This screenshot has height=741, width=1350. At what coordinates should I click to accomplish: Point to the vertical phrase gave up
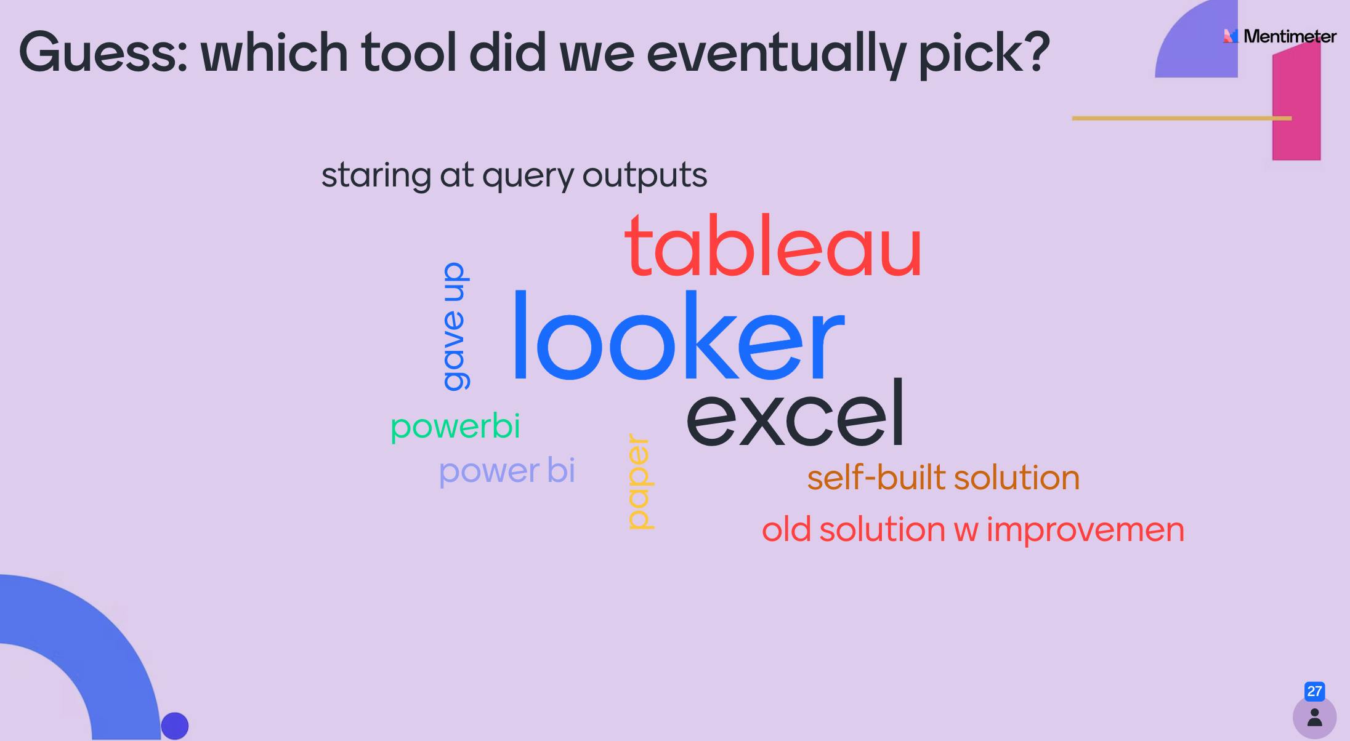coord(455,326)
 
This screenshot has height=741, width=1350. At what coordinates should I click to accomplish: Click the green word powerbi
coord(455,426)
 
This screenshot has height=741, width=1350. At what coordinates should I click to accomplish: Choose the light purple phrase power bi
coord(506,471)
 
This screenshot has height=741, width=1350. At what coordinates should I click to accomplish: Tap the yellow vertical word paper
coord(639,481)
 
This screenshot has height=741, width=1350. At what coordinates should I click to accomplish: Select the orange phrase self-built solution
coord(943,478)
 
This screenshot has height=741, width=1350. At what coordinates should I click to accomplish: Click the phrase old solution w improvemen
coord(972,529)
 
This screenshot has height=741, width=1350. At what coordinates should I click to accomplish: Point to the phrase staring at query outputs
coord(514,175)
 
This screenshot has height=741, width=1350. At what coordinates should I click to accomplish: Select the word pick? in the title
coord(984,53)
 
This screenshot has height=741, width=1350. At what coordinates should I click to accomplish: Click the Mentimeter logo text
coord(1289,36)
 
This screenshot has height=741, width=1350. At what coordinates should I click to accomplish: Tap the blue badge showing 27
coord(1314,691)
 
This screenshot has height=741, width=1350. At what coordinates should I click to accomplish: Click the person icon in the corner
coord(1314,718)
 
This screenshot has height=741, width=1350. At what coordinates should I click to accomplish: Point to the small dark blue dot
coord(174,726)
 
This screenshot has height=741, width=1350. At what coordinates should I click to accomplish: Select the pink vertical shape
coord(1296,105)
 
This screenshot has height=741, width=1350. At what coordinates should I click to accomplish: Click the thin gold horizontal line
coord(1170,118)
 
